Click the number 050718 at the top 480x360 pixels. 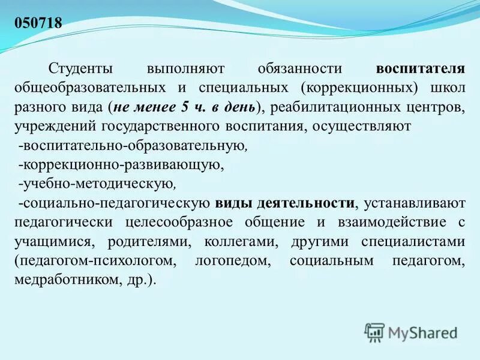click(38, 26)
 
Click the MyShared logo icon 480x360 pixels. click(374, 332)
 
